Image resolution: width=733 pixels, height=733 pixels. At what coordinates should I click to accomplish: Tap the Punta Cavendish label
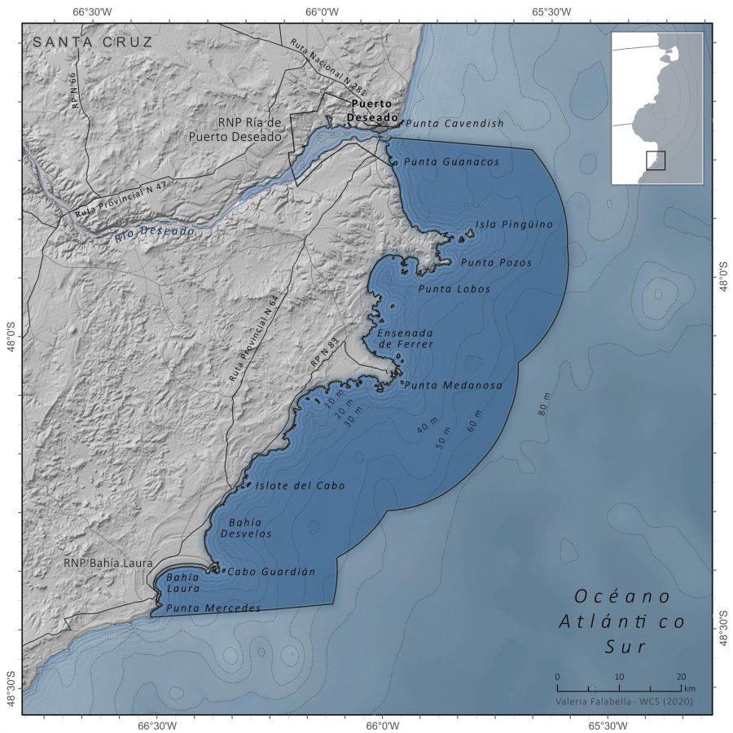coord(454,124)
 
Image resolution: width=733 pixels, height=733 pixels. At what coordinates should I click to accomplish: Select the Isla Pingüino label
coord(514,224)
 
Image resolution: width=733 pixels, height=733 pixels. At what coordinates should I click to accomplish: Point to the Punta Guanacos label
coord(451,162)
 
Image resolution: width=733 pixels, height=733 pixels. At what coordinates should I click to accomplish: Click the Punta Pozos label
coord(496,263)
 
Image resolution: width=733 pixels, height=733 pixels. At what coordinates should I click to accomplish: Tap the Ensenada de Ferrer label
coord(405,339)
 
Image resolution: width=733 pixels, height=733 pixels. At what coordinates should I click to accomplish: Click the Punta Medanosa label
coord(453,385)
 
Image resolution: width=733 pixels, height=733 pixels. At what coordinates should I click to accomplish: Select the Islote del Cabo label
coord(300,485)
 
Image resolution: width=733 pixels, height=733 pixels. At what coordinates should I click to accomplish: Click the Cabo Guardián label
coord(270,572)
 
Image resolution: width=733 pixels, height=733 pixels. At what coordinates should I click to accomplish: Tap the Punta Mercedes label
coord(213,608)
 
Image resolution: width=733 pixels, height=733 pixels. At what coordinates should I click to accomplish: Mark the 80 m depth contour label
coord(544,404)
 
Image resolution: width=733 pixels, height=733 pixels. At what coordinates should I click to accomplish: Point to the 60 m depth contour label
coord(474,421)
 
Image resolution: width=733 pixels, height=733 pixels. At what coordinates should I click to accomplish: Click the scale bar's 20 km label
coord(681,677)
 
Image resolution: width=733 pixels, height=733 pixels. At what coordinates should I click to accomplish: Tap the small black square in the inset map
coord(656,160)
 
